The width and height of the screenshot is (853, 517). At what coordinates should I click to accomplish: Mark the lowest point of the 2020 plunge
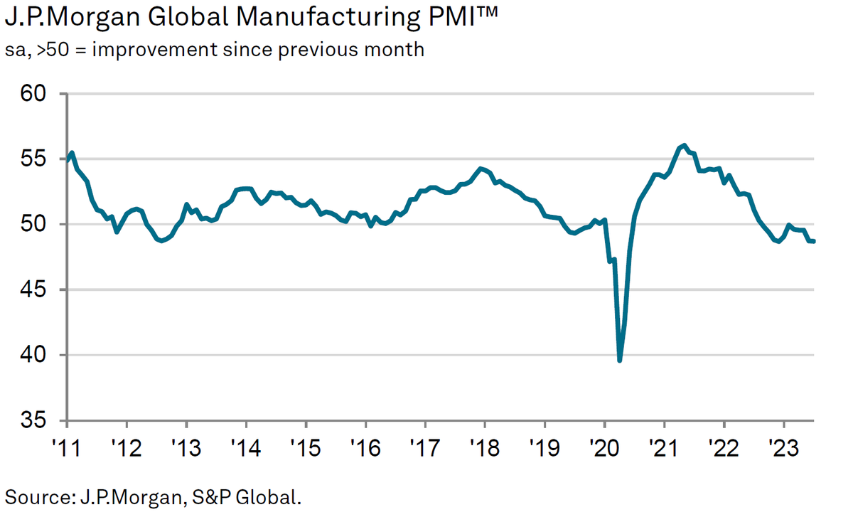pyautogui.click(x=620, y=361)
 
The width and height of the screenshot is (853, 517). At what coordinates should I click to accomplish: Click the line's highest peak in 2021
pyautogui.click(x=684, y=145)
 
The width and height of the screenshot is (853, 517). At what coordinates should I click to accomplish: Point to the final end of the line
pyautogui.click(x=813, y=241)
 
